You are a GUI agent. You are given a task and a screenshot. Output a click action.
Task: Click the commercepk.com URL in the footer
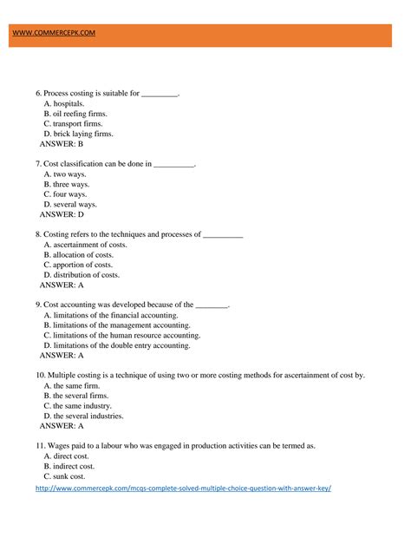tap(183, 489)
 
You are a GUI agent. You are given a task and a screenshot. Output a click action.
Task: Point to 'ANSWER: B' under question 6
tap(62, 144)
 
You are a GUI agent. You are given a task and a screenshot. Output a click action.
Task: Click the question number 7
tap(38, 163)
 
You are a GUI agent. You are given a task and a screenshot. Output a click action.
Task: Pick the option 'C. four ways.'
tap(69, 194)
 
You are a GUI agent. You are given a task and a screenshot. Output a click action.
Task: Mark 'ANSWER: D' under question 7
tap(62, 214)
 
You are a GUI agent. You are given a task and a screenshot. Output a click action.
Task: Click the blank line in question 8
tap(223, 234)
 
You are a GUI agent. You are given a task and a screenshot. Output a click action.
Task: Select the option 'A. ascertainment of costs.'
tap(85, 245)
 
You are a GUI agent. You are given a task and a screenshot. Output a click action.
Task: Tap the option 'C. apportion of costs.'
tap(78, 265)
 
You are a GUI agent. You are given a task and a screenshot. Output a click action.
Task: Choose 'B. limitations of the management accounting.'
tap(122, 325)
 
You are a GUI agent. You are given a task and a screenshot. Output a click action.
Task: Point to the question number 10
tap(40, 375)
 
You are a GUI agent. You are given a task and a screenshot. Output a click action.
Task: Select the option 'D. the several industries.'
tap(83, 416)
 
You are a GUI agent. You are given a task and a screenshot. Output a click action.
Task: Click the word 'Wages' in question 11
tap(58, 445)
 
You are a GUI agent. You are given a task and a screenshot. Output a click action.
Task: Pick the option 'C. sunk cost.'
tap(64, 476)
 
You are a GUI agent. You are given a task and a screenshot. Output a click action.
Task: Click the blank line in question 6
tap(160, 93)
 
